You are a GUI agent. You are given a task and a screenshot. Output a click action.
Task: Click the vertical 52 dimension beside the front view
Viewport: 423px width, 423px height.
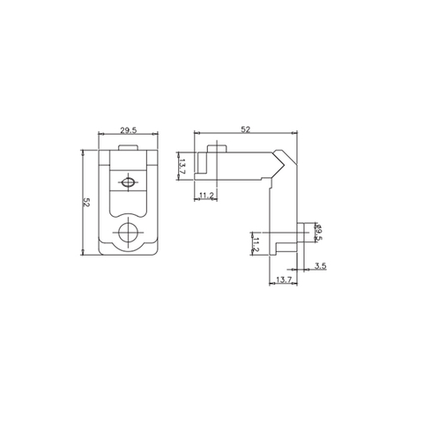[86, 202]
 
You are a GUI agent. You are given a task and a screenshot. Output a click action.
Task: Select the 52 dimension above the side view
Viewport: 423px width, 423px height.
[245, 130]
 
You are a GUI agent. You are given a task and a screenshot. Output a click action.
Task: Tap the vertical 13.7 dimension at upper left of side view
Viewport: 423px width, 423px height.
[181, 166]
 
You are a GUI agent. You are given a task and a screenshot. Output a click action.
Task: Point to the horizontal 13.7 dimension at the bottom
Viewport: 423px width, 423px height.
[283, 279]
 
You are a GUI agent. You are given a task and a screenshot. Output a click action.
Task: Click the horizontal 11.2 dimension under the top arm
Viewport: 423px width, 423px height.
[206, 194]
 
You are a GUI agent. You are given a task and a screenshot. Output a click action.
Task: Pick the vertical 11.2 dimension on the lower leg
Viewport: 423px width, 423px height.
[256, 243]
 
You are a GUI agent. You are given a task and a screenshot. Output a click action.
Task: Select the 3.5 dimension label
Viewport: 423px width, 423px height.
[320, 265]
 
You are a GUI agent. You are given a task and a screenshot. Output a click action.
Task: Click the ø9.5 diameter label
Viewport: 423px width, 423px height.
[319, 231]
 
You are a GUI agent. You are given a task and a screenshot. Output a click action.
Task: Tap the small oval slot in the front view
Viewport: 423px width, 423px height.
[129, 182]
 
